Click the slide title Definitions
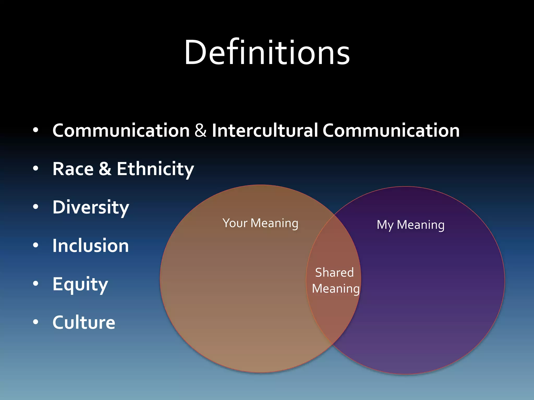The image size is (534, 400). click(267, 53)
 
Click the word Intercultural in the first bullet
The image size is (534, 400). click(265, 130)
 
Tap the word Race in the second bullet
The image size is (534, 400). click(73, 169)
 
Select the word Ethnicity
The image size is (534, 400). click(155, 169)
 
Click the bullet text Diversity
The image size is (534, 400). click(91, 208)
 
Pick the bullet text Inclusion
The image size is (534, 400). click(91, 246)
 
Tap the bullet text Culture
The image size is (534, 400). click(84, 322)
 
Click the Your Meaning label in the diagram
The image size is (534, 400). click(260, 223)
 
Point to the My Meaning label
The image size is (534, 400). click(410, 225)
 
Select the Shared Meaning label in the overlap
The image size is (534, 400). click(335, 280)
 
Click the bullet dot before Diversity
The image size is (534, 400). click(36, 207)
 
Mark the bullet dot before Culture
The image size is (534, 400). click(36, 322)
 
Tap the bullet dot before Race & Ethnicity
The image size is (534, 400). click(36, 168)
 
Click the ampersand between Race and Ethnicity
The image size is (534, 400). click(105, 169)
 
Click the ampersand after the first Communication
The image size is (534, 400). click(201, 130)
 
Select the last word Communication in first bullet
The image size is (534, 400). click(391, 130)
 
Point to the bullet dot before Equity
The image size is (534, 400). click(36, 283)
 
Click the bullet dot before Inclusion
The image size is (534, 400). click(36, 245)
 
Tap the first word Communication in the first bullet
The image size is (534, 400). click(121, 130)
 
